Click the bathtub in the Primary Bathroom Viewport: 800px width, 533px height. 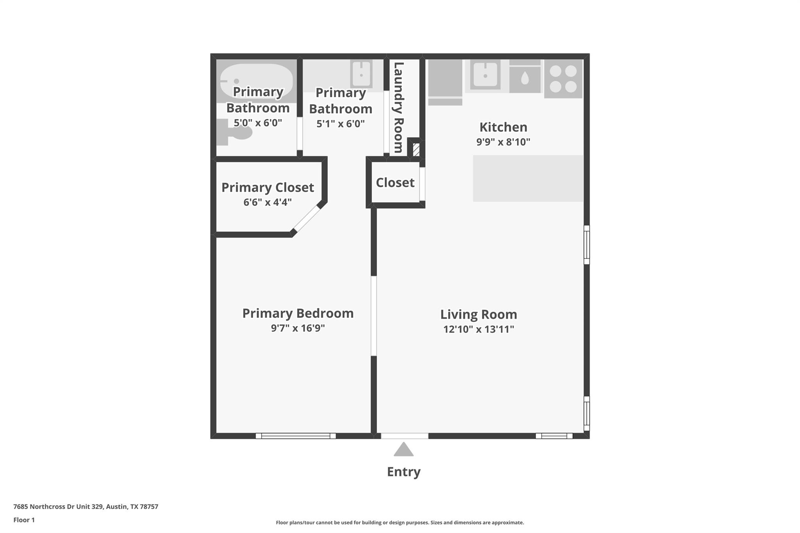coord(256,80)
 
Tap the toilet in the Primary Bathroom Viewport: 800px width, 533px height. coord(235,132)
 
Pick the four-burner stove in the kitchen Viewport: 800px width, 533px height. coord(563,78)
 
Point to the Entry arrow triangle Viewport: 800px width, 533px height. coord(404,450)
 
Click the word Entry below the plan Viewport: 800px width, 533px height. coord(404,472)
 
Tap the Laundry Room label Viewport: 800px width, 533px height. coord(398,107)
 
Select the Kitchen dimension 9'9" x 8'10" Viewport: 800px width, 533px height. coord(503,142)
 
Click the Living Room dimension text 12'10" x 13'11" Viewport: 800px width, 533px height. coord(479,329)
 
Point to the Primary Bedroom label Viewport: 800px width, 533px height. coord(298,313)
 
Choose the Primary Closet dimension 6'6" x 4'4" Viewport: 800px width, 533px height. coord(268,202)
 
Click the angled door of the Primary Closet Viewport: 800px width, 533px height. coord(307,219)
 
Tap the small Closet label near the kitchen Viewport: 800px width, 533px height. coord(395,182)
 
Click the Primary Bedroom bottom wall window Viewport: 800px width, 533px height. coord(296,436)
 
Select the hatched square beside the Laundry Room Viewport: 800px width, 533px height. coord(416,150)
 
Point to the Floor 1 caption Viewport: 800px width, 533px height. coord(24,520)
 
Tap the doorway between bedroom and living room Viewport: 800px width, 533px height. coord(374,316)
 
